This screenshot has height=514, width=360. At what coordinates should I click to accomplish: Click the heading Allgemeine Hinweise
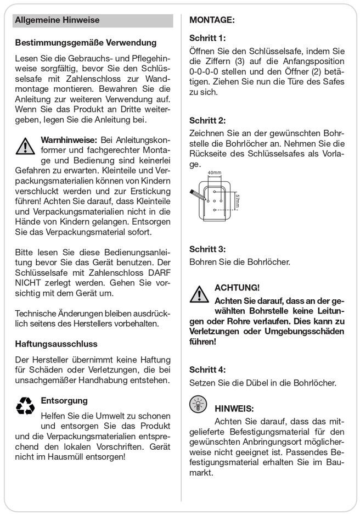(58, 20)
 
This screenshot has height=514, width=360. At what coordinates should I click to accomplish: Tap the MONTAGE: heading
(212, 20)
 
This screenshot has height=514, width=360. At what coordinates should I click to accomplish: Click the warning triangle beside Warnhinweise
(25, 146)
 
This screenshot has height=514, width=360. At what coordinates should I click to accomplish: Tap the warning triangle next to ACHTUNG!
(198, 293)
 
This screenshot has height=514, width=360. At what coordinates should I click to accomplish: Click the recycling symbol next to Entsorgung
(25, 406)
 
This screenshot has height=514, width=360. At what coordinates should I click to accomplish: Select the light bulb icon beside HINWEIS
(198, 404)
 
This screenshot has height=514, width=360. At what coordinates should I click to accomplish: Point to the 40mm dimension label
(215, 172)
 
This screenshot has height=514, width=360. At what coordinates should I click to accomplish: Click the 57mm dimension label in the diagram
(237, 202)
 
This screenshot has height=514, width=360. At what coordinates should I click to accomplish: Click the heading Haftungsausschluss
(57, 344)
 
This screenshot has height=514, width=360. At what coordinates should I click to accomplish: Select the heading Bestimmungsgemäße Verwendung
(86, 42)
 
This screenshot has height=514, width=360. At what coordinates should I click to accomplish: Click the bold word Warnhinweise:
(69, 140)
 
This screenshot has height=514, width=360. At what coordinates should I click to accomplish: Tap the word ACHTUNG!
(237, 288)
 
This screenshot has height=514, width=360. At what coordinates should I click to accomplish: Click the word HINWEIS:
(234, 409)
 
